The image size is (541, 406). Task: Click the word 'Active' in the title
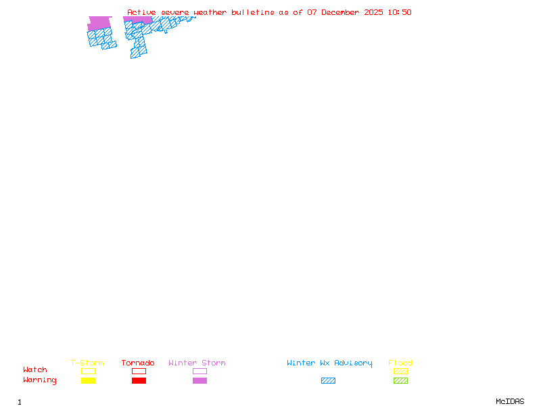142,12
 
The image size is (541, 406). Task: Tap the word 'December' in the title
344,12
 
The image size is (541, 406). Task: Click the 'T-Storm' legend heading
87,363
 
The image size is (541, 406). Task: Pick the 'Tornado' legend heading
138,363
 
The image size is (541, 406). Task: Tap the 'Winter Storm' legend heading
197,363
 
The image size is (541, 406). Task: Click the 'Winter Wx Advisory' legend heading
329,363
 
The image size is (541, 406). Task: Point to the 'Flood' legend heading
400,363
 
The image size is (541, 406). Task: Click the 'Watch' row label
35,370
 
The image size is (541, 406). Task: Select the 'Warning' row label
40,380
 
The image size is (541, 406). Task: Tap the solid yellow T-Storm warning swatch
88,381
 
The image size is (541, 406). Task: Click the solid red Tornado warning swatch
139,381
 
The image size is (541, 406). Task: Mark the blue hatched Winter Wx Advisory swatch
328,381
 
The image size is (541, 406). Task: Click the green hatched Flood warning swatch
400,381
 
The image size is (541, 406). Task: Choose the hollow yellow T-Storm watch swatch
88,371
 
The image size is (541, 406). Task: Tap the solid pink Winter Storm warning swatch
199,381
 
